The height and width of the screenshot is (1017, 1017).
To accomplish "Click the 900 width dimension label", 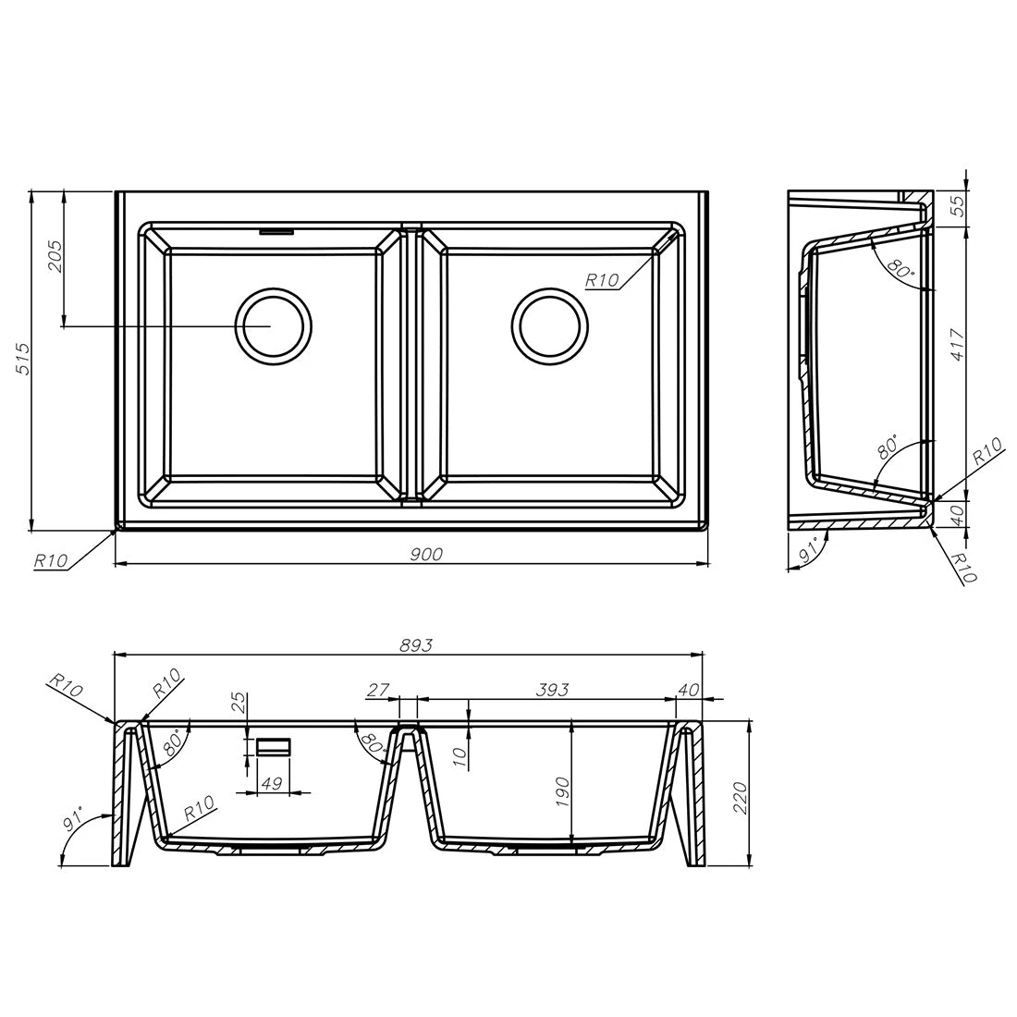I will click(x=426, y=554).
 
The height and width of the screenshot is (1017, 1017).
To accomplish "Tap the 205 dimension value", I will click(x=55, y=257).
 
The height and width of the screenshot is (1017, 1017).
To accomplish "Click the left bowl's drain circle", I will click(x=274, y=325).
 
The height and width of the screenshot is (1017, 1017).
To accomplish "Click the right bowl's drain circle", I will click(x=550, y=325).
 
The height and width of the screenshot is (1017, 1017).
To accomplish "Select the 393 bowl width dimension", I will click(x=551, y=690).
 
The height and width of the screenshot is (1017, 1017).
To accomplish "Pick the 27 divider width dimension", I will click(x=379, y=690).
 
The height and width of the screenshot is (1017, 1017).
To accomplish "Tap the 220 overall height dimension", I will click(x=739, y=796).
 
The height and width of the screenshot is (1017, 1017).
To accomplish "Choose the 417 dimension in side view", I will click(x=957, y=349).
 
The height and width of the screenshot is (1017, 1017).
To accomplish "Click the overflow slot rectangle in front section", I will click(x=274, y=747).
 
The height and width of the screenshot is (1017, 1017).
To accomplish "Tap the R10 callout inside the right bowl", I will click(x=602, y=280).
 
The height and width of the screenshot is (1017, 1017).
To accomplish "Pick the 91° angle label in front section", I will click(x=73, y=822).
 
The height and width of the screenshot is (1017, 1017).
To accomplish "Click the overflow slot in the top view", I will click(x=276, y=231).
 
